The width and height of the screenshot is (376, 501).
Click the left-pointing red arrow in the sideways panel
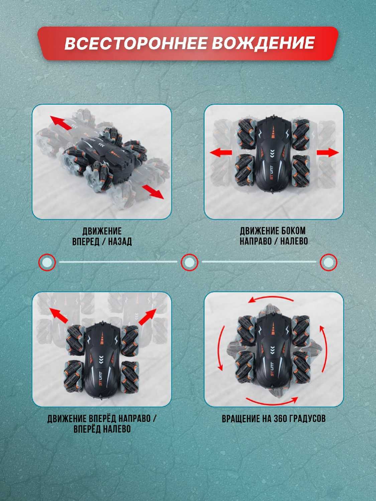coord(221,152)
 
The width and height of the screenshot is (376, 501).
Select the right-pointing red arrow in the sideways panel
coord(328,152)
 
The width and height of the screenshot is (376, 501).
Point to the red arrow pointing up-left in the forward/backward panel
coord(61,123)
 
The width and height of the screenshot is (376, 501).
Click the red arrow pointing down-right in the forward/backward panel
coord(153,192)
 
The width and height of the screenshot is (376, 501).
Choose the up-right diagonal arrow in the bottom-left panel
coord(147,317)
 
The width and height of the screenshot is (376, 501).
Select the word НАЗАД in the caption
coord(120,242)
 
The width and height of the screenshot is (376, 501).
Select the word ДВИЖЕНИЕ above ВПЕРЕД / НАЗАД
coord(102,231)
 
